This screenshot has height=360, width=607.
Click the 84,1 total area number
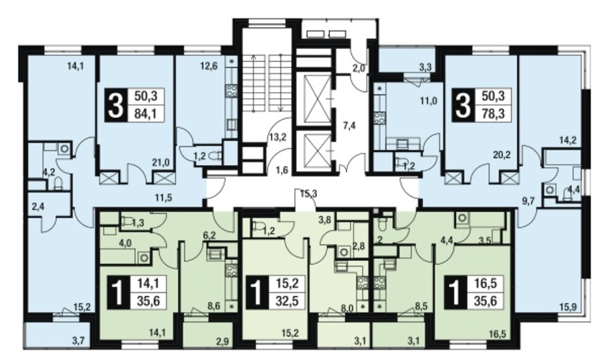point(145,114)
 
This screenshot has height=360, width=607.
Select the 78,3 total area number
point(493,114)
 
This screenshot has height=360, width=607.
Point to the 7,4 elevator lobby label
point(349,126)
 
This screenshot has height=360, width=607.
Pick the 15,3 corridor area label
point(308,194)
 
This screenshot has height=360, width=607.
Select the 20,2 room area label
point(502,155)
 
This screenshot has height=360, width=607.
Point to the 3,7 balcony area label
point(78,341)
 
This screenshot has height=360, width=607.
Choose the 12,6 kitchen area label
point(209,66)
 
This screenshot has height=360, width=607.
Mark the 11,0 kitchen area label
point(429,102)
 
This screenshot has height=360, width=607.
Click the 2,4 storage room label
point(38,207)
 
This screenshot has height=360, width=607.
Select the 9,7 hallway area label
point(529,200)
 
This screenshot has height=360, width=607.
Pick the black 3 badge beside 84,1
point(116,104)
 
